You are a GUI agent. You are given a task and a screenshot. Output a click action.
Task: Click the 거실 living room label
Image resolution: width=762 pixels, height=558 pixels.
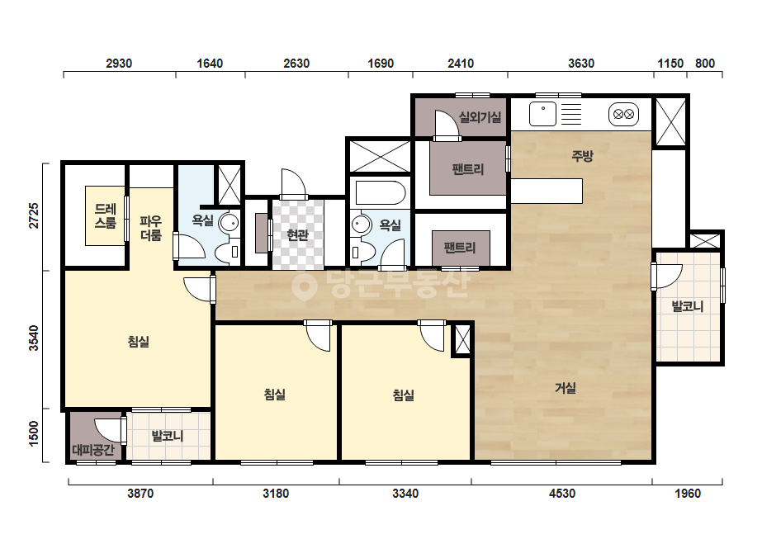pos(566,388)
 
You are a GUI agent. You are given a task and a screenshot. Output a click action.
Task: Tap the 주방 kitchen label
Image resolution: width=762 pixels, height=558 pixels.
pos(582,156)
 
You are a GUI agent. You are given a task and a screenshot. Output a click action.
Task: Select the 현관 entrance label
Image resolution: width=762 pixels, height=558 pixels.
pos(297,235)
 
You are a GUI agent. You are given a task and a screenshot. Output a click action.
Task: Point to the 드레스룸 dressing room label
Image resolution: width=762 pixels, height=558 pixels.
pos(106,216)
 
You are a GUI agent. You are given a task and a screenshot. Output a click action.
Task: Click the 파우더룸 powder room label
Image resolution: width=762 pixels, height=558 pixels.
pos(150,229)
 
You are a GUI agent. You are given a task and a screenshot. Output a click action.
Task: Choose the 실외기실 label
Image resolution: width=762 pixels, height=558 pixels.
pos(480,117)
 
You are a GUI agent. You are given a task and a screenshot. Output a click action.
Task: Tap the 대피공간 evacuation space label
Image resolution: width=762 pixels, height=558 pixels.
pos(93,450)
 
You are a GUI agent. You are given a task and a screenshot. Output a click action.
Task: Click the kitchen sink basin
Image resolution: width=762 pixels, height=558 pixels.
pos(543,114)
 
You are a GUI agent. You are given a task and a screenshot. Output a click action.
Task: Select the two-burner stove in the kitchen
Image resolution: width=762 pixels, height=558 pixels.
pos(623,115)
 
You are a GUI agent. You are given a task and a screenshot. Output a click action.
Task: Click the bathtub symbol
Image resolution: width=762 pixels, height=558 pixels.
pos(381,193)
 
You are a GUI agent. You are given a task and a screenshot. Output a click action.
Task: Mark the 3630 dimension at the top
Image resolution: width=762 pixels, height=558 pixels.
pos(581,64)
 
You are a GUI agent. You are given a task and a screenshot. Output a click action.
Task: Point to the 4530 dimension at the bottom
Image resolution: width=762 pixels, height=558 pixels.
pos(562,494)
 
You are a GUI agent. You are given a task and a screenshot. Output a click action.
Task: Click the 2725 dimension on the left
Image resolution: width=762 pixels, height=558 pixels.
pos(34,215)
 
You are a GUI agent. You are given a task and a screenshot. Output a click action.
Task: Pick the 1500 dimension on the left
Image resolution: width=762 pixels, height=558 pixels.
pos(34,434)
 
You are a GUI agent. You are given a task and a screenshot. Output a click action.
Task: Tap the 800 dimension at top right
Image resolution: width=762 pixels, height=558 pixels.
pos(705,64)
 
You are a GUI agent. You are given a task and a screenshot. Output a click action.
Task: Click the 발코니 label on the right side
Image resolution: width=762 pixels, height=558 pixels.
pos(688,306)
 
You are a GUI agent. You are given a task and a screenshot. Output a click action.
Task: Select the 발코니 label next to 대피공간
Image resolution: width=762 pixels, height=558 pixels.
pos(168,436)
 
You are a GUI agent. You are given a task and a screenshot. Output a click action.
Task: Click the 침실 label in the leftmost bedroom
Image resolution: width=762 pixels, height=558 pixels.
pos(139,342)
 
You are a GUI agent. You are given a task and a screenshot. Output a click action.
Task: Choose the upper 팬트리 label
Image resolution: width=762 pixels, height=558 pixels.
pos(468,169)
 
